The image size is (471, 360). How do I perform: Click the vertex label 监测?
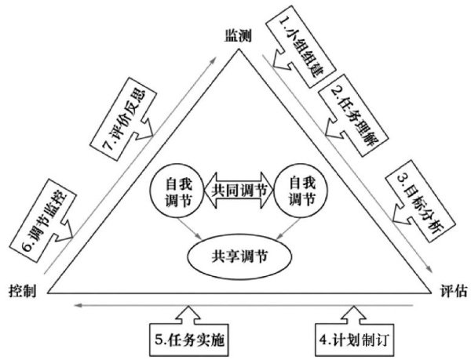click(x=237, y=38)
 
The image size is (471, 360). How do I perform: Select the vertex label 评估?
click(x=447, y=290)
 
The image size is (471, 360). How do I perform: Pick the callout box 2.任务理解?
click(x=346, y=110)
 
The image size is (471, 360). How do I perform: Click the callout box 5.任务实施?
click(x=191, y=340)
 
